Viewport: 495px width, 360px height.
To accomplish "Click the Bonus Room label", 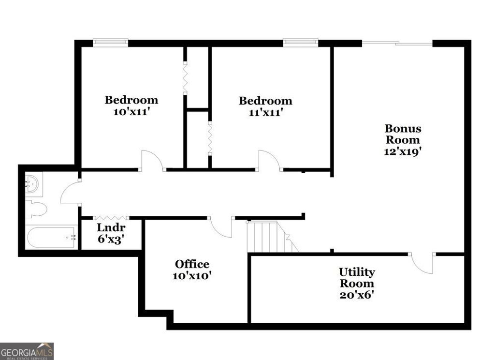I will coord(403,134).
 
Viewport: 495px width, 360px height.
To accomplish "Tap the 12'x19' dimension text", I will coord(403,150).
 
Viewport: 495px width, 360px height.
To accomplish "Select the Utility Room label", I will coord(357,277).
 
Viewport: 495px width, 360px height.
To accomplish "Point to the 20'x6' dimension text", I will coord(357,295).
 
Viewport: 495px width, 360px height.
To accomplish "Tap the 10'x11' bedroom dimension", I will coord(131,111).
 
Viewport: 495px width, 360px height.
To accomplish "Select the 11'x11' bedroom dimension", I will coord(265,112).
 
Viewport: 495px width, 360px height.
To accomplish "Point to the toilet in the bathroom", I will coord(36,210).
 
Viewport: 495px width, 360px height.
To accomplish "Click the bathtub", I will coord(51,237).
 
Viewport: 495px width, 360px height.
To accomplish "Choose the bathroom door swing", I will coord(69,192).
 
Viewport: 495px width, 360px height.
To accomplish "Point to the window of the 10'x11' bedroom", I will coord(110,43).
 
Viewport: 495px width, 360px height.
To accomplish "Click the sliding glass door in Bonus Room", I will coord(397,44).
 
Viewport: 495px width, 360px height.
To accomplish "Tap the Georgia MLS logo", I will coord(27,351).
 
